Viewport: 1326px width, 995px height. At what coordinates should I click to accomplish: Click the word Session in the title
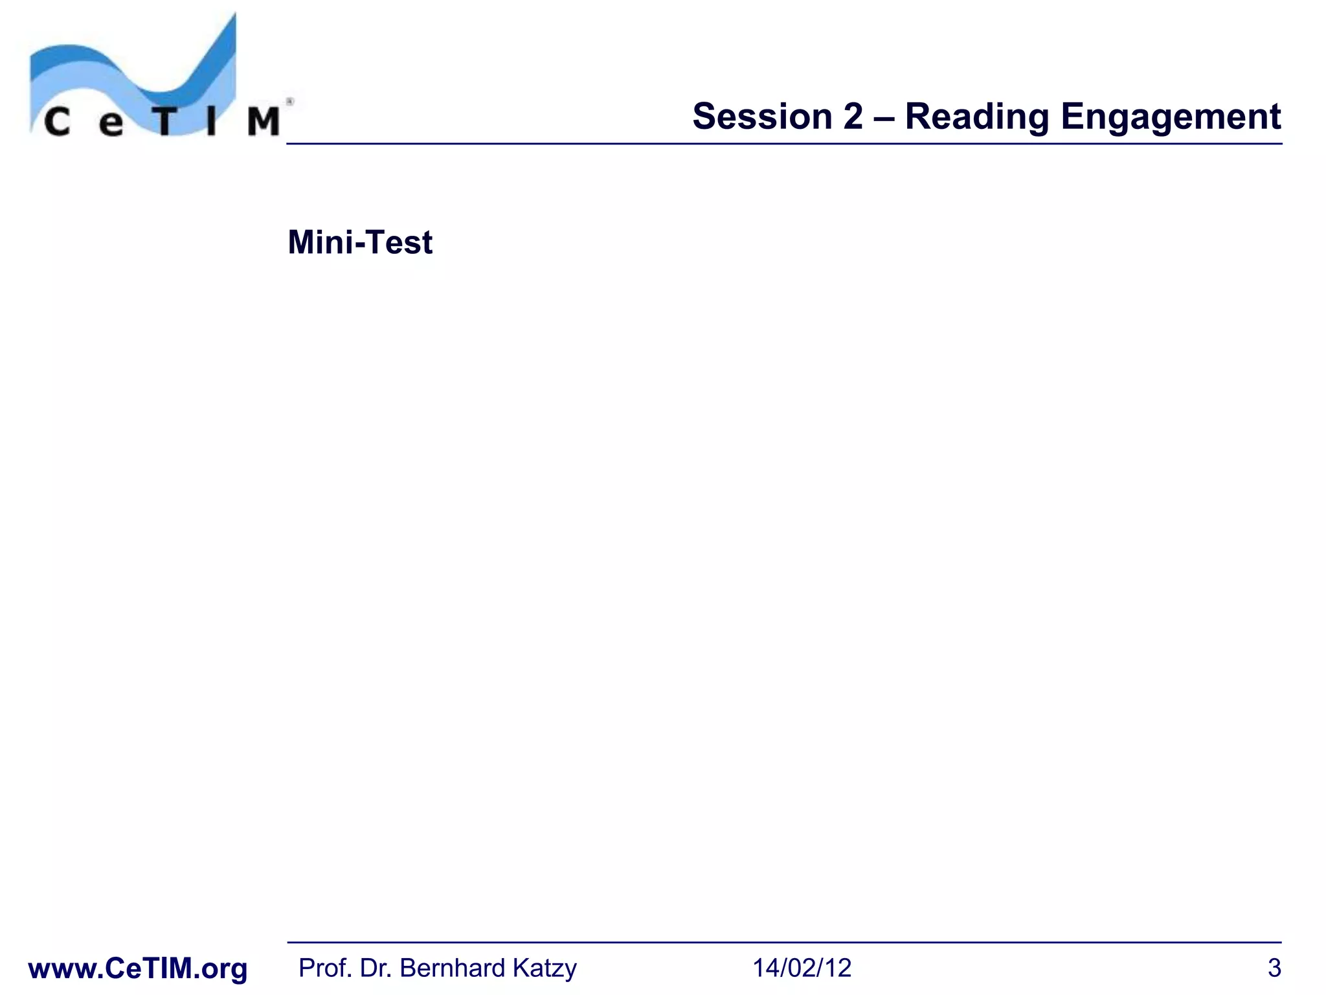[x=761, y=117]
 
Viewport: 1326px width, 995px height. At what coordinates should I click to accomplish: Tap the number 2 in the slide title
[x=853, y=117]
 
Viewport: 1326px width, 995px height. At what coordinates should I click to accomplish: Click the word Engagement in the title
[x=1171, y=118]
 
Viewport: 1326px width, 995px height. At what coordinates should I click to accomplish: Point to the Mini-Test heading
[x=360, y=243]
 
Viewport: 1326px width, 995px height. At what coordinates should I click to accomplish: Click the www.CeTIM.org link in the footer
[x=138, y=968]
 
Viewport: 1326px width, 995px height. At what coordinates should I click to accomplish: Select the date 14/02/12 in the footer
[x=802, y=968]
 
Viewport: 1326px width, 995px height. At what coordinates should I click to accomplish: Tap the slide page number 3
[x=1274, y=968]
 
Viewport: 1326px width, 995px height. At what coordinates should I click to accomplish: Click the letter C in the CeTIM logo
[x=57, y=122]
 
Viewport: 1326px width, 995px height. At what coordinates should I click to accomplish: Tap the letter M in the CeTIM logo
[x=264, y=122]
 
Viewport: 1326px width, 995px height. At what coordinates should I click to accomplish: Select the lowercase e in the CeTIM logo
[x=111, y=123]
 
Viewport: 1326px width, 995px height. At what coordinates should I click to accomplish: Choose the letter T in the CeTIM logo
[x=164, y=122]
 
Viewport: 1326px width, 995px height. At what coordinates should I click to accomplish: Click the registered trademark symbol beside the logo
[x=290, y=102]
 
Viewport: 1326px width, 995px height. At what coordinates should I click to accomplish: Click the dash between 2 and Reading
[x=884, y=118]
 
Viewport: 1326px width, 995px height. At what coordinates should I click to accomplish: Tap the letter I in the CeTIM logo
[x=212, y=122]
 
